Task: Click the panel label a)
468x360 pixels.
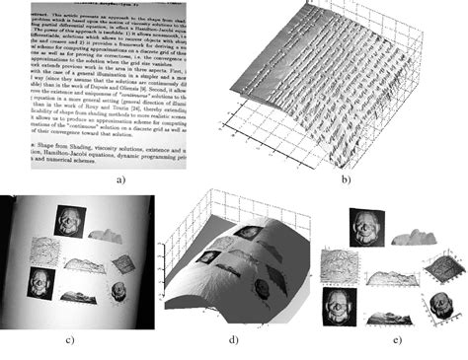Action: (x=120, y=179)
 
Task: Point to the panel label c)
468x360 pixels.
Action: (x=70, y=339)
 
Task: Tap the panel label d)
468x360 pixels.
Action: (x=234, y=339)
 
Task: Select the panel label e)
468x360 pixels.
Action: (x=395, y=339)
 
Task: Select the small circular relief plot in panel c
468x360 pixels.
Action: (x=118, y=292)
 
